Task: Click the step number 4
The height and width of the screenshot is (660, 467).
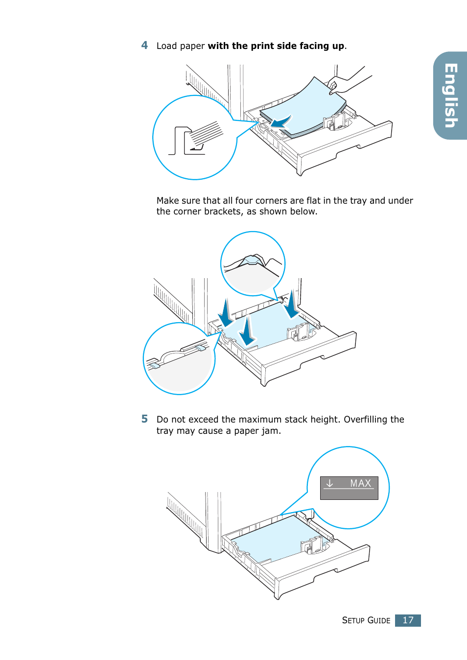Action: (144, 46)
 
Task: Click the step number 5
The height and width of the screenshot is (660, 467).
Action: (144, 419)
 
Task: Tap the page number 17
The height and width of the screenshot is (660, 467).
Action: (408, 620)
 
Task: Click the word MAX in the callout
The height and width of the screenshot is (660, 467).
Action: (361, 483)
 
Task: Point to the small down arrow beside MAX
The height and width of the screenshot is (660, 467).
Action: (329, 483)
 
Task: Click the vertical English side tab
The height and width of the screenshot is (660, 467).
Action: (450, 95)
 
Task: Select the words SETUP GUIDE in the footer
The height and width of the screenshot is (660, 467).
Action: (366, 620)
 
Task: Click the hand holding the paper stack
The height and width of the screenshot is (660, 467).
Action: (343, 83)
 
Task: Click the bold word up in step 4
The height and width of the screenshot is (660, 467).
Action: (338, 46)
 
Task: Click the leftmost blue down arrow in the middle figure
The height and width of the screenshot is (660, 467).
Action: (226, 313)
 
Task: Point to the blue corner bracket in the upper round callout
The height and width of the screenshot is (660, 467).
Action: (252, 260)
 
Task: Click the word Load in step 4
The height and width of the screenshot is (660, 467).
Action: (166, 46)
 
